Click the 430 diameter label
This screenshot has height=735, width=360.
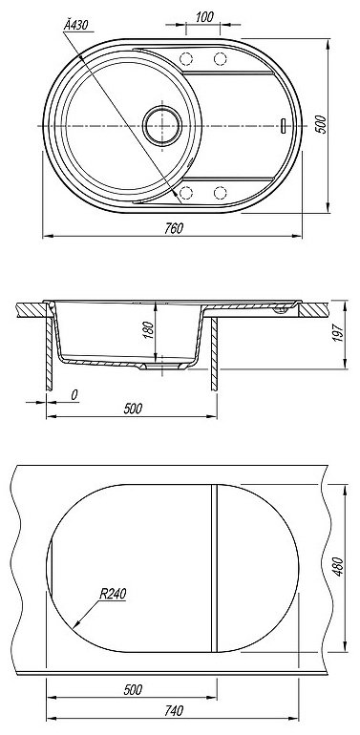(x=76, y=26)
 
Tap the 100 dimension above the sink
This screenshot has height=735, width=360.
(x=204, y=17)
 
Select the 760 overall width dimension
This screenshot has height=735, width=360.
(x=174, y=228)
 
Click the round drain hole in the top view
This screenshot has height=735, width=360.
(x=162, y=126)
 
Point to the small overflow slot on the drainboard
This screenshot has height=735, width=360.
(x=283, y=126)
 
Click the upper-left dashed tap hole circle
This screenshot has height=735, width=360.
(x=186, y=58)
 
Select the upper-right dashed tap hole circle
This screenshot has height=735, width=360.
(x=220, y=58)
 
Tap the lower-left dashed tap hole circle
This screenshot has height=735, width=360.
(x=186, y=192)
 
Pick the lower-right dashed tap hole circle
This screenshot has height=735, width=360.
(x=220, y=192)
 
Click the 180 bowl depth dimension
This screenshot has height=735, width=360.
(x=149, y=330)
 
